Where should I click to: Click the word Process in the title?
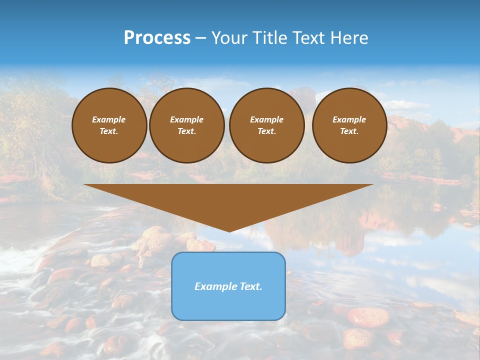tap(157, 37)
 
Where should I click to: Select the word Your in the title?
tap(229, 37)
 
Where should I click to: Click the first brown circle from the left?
tap(109, 125)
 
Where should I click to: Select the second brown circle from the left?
tap(187, 125)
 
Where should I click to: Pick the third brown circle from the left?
tap(266, 125)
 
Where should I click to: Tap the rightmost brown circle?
tap(349, 125)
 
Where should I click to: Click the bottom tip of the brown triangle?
tap(229, 231)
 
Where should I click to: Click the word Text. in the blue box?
tap(250, 286)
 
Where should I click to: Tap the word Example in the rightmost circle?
tap(349, 119)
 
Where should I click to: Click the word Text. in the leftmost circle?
tap(109, 131)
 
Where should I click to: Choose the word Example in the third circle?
tap(266, 119)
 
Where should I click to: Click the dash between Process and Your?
tap(201, 37)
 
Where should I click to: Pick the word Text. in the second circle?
tap(187, 131)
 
